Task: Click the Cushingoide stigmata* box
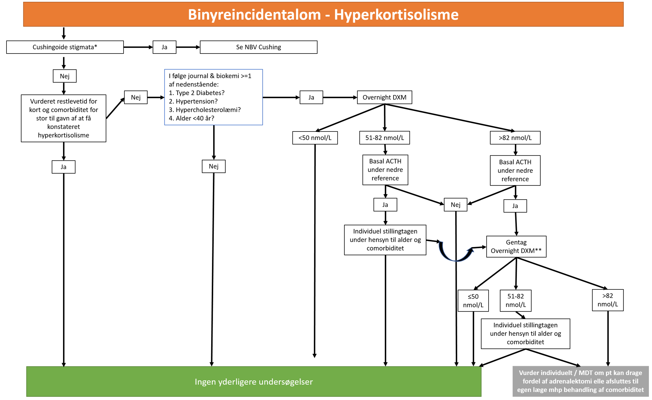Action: pyautogui.click(x=65, y=47)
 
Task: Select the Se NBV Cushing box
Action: pyautogui.click(x=259, y=47)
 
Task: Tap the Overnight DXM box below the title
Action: pyautogui.click(x=384, y=97)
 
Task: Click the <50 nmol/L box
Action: pyautogui.click(x=315, y=138)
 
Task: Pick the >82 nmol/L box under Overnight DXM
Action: pyautogui.click(x=515, y=138)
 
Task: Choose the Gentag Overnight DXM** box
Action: pyautogui.click(x=516, y=247)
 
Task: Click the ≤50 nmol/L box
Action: pyautogui.click(x=473, y=301)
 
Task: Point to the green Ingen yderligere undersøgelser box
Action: pyautogui.click(x=254, y=381)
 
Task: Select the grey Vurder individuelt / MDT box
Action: pyautogui.click(x=580, y=381)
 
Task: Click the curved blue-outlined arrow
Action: pyautogui.click(x=456, y=253)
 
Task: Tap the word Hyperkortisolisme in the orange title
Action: pyautogui.click(x=396, y=14)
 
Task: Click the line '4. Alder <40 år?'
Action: pyautogui.click(x=192, y=118)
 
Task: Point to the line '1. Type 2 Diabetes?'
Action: pyautogui.click(x=196, y=93)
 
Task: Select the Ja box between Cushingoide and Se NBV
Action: pyautogui.click(x=164, y=47)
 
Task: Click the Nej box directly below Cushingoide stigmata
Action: pyautogui.click(x=65, y=76)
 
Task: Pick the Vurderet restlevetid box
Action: pyautogui.click(x=64, y=118)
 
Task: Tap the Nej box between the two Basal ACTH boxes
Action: pyautogui.click(x=456, y=205)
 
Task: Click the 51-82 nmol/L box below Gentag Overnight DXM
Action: pyautogui.click(x=515, y=301)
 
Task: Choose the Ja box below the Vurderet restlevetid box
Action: pyautogui.click(x=64, y=167)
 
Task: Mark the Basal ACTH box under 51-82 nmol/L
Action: pyautogui.click(x=385, y=170)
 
